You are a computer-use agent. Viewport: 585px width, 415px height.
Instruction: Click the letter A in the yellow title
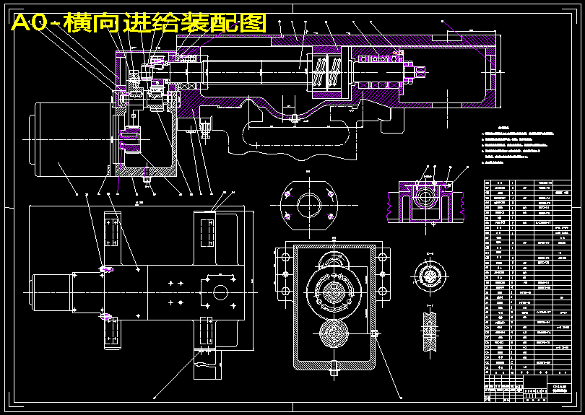pyautogui.click(x=22, y=23)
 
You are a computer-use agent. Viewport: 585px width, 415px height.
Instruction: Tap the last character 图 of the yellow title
pyautogui.click(x=255, y=23)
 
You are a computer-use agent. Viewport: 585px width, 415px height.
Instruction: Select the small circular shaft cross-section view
pyautogui.click(x=431, y=276)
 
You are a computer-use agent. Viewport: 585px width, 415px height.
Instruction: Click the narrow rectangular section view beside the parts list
pyautogui.click(x=431, y=333)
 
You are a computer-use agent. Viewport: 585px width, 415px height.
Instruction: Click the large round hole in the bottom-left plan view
pyautogui.click(x=220, y=292)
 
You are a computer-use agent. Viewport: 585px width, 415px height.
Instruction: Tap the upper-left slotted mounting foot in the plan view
pyautogui.click(x=112, y=238)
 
